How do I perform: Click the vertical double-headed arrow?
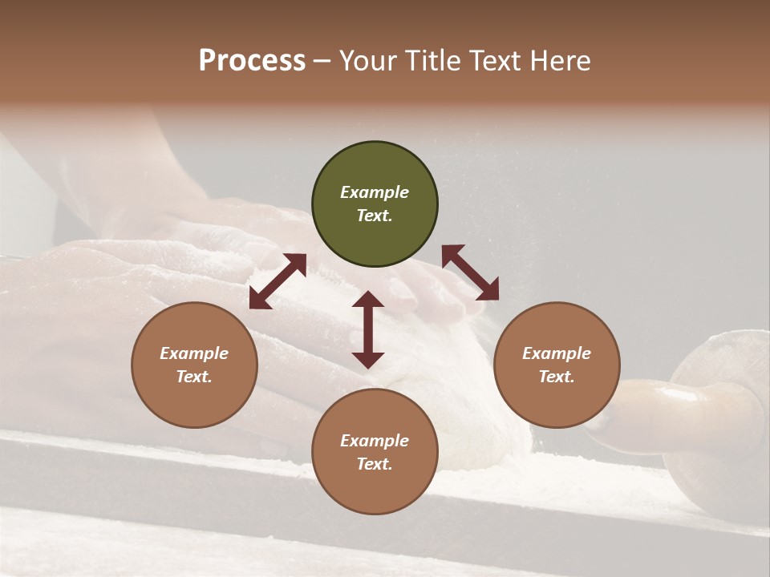368,329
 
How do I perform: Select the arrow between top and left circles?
278,281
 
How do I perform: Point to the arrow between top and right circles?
470,272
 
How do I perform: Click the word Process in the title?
252,61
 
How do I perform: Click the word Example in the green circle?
375,192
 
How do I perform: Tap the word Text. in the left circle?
194,377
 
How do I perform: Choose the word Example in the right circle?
557,353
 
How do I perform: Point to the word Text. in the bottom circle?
375,464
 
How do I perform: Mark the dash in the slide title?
322,62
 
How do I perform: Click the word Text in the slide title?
500,61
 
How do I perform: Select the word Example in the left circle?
194,353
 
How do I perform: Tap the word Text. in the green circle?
375,216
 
